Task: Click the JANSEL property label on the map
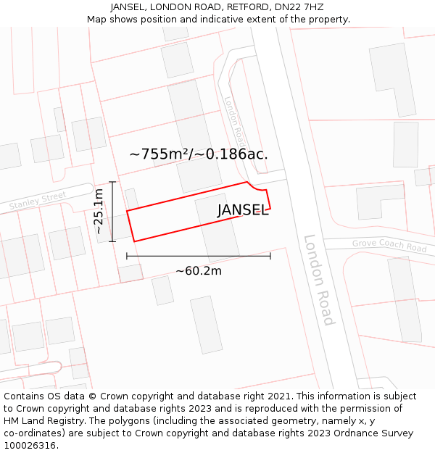[x=243, y=211]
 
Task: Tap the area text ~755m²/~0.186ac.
[x=199, y=154]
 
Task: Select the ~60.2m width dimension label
[x=199, y=271]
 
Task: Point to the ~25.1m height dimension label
[x=99, y=211]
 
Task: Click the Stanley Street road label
[x=38, y=201]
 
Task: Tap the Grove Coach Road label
[x=389, y=246]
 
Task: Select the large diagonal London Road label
[x=319, y=280]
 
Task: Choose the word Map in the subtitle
[x=97, y=19]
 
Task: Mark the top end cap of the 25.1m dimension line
[x=112, y=182]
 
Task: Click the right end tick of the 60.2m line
[x=270, y=256]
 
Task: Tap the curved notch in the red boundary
[x=257, y=188]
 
